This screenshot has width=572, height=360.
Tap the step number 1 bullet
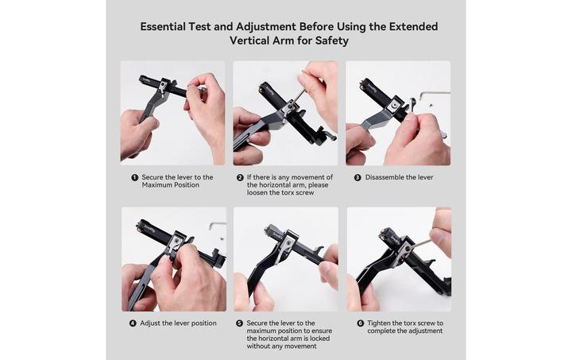134,177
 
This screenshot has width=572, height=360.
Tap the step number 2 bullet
240,177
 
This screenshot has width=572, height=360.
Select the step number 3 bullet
357,177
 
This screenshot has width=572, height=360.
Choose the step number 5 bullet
239,323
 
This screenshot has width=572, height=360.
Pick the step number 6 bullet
360,323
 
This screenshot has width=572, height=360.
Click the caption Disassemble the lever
399,177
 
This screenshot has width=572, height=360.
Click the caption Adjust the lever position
179,323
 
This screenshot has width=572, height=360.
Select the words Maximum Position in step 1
171,185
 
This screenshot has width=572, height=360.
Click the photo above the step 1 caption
172,113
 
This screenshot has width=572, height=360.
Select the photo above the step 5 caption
285,259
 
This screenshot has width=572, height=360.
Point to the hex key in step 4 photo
217,226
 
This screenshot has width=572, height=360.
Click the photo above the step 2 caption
285,113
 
